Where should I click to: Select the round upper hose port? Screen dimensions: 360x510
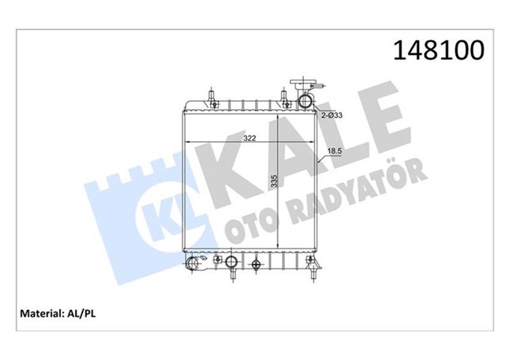pos(305,102)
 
